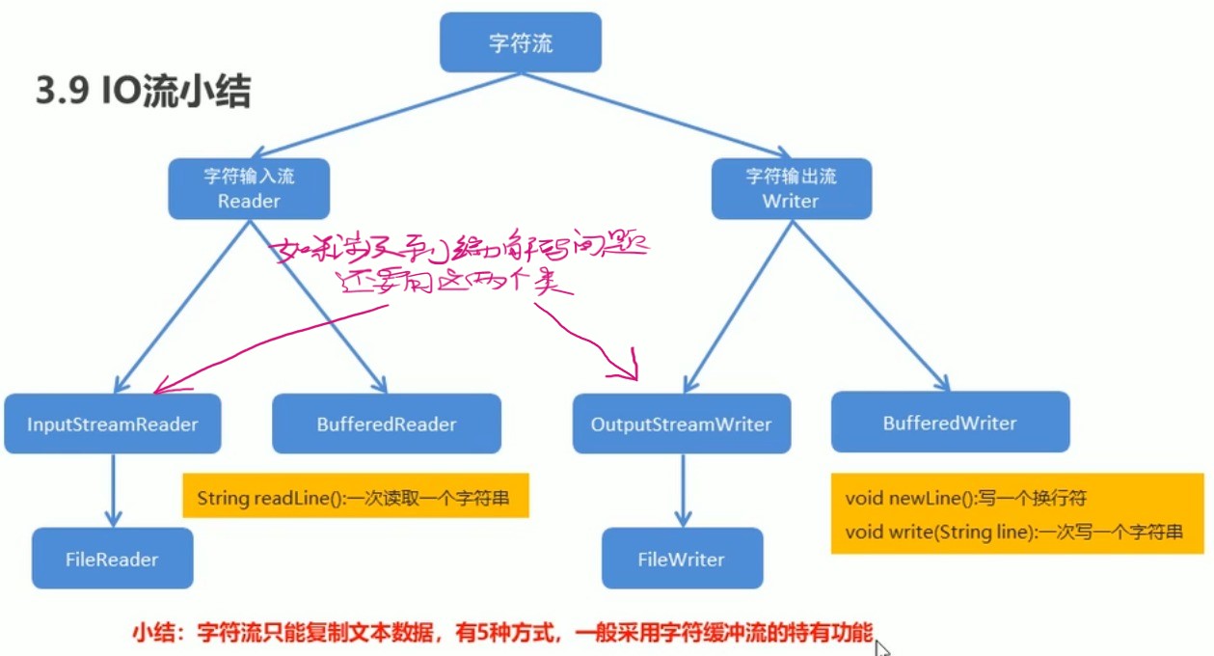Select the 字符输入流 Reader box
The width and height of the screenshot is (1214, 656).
tap(249, 188)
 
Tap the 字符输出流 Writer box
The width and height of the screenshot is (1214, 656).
tap(791, 188)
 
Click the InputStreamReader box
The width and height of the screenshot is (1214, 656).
tap(112, 424)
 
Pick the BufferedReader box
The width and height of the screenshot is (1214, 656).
tap(387, 424)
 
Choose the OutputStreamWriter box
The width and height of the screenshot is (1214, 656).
tap(681, 424)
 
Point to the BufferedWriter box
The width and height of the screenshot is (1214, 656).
tap(950, 422)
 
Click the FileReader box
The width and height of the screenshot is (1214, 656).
tap(112, 559)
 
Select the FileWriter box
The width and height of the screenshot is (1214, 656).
tap(681, 559)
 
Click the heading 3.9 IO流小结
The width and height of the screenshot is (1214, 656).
tap(144, 93)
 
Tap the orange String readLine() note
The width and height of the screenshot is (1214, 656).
tap(354, 499)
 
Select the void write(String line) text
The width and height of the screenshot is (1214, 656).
tap(1012, 532)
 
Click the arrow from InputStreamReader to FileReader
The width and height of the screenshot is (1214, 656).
tap(114, 490)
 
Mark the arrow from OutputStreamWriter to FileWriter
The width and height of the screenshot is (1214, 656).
tap(683, 490)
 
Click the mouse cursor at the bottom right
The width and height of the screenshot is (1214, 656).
tap(881, 645)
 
